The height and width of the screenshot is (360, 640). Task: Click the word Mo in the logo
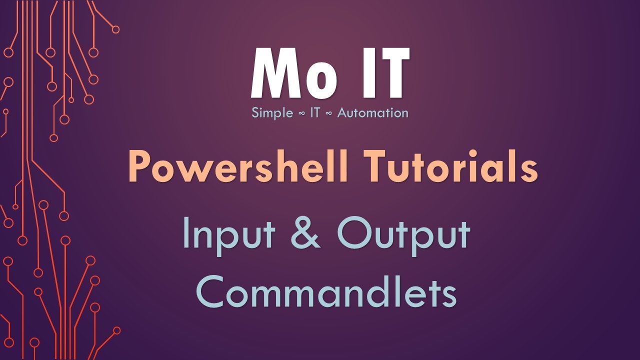pos(293,74)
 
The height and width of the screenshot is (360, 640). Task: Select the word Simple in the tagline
pos(272,113)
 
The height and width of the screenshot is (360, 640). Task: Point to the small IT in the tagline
pos(315,112)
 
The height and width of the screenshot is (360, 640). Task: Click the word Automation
pos(372,112)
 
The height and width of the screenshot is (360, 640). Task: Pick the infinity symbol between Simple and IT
pos(301,113)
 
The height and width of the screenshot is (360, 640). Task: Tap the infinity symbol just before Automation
pos(329,113)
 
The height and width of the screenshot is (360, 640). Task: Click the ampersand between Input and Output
pos(304,233)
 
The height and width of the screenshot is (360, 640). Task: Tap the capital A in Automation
pos(343,112)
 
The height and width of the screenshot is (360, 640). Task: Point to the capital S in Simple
pos(255,112)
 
